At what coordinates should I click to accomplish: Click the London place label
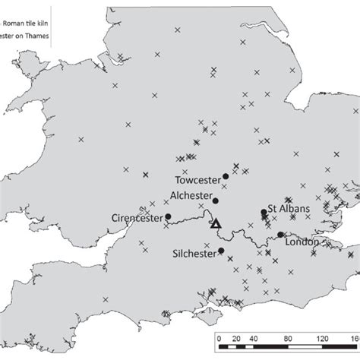tap(302, 243)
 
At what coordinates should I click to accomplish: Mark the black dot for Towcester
tap(226, 176)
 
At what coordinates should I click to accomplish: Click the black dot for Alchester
tap(216, 201)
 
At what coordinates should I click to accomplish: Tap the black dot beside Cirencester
tap(168, 216)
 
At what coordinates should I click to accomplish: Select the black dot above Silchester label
tap(221, 251)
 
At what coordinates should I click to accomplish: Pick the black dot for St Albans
tap(264, 212)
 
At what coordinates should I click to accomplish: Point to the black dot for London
tap(280, 235)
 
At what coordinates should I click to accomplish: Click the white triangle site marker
tap(215, 223)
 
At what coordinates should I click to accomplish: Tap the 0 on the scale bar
tap(218, 339)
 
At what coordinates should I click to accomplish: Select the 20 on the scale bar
tap(235, 339)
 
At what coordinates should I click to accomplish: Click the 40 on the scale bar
tap(254, 339)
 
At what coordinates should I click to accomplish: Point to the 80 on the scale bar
tap(289, 339)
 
